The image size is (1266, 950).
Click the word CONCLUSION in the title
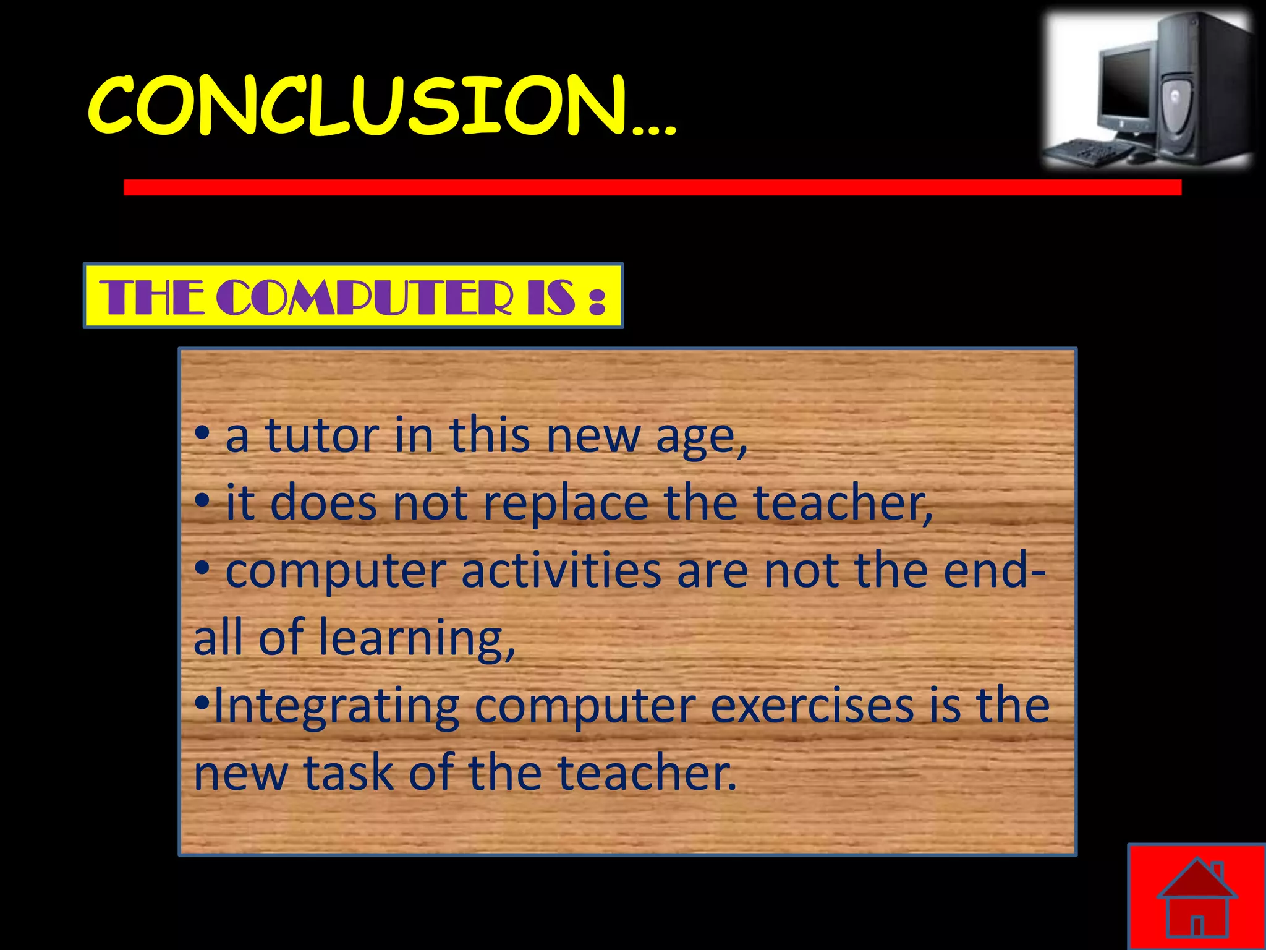(x=359, y=106)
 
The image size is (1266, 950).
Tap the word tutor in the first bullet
(x=322, y=435)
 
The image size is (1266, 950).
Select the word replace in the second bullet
(x=565, y=502)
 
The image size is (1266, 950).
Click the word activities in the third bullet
(x=561, y=570)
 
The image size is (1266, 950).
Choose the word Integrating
(x=336, y=706)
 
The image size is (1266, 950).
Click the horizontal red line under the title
(x=652, y=187)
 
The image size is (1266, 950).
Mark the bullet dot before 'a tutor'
(x=203, y=434)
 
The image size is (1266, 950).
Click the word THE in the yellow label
(x=151, y=297)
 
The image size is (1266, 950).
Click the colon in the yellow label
(x=596, y=300)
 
